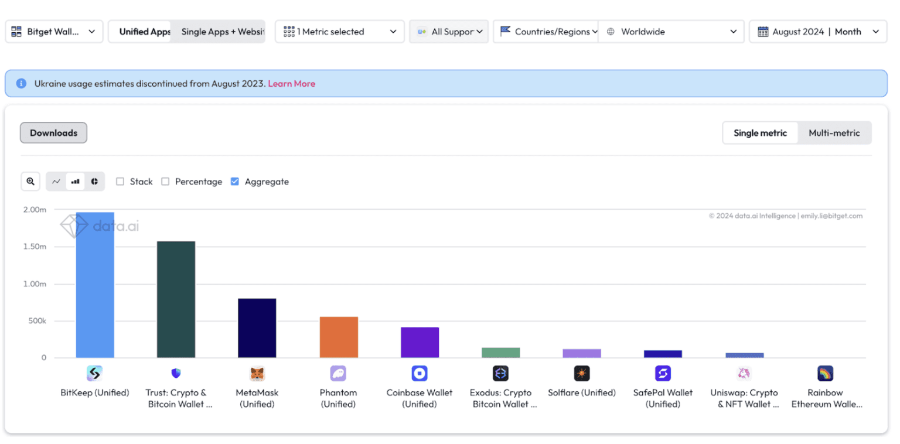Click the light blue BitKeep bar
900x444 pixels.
pyautogui.click(x=95, y=285)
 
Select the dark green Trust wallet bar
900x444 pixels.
pyautogui.click(x=176, y=299)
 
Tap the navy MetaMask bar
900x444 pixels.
pyautogui.click(x=257, y=328)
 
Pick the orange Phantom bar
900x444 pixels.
pyautogui.click(x=338, y=337)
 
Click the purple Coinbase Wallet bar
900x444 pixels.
pyautogui.click(x=420, y=342)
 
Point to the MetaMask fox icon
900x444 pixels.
pyautogui.click(x=257, y=373)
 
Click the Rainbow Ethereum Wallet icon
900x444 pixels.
pyautogui.click(x=825, y=373)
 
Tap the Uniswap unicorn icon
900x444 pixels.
pyautogui.click(x=744, y=373)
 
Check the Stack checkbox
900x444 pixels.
pyautogui.click(x=120, y=182)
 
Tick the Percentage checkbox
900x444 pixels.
pyautogui.click(x=165, y=182)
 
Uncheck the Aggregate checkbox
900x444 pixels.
pyautogui.click(x=235, y=182)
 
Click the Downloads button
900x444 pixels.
pyautogui.click(x=53, y=133)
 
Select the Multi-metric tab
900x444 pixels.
pyautogui.click(x=834, y=133)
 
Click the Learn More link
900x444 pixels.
pyautogui.click(x=291, y=84)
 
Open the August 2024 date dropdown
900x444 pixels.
pyautogui.click(x=817, y=32)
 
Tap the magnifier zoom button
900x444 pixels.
pyautogui.click(x=30, y=182)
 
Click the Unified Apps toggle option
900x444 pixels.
pyautogui.click(x=144, y=32)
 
